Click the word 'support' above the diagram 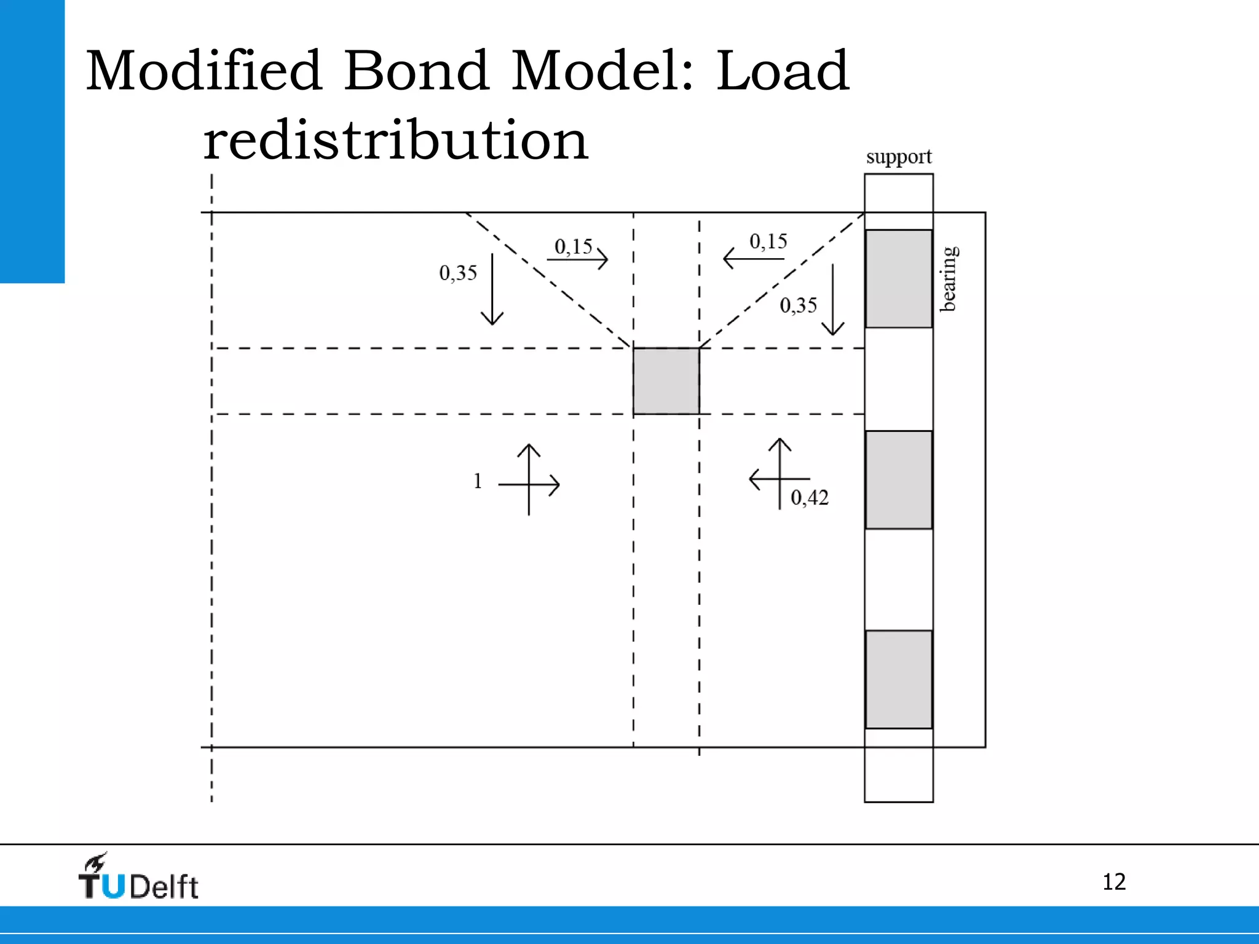[x=899, y=157]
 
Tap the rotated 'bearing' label [x=949, y=278]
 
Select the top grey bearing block [x=899, y=278]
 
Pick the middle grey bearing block [x=899, y=479]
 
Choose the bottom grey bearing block [x=899, y=679]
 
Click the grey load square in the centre [x=666, y=381]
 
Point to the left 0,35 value [x=458, y=273]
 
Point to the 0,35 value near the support [x=799, y=305]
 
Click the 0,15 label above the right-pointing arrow [x=573, y=247]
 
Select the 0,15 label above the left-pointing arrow [x=768, y=242]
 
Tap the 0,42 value [x=810, y=498]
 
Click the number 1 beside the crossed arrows [x=478, y=481]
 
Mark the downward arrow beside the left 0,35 [x=492, y=289]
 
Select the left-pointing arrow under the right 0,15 [x=754, y=259]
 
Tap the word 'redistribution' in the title [x=396, y=141]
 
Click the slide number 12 [x=1114, y=882]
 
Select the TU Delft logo [x=138, y=878]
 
